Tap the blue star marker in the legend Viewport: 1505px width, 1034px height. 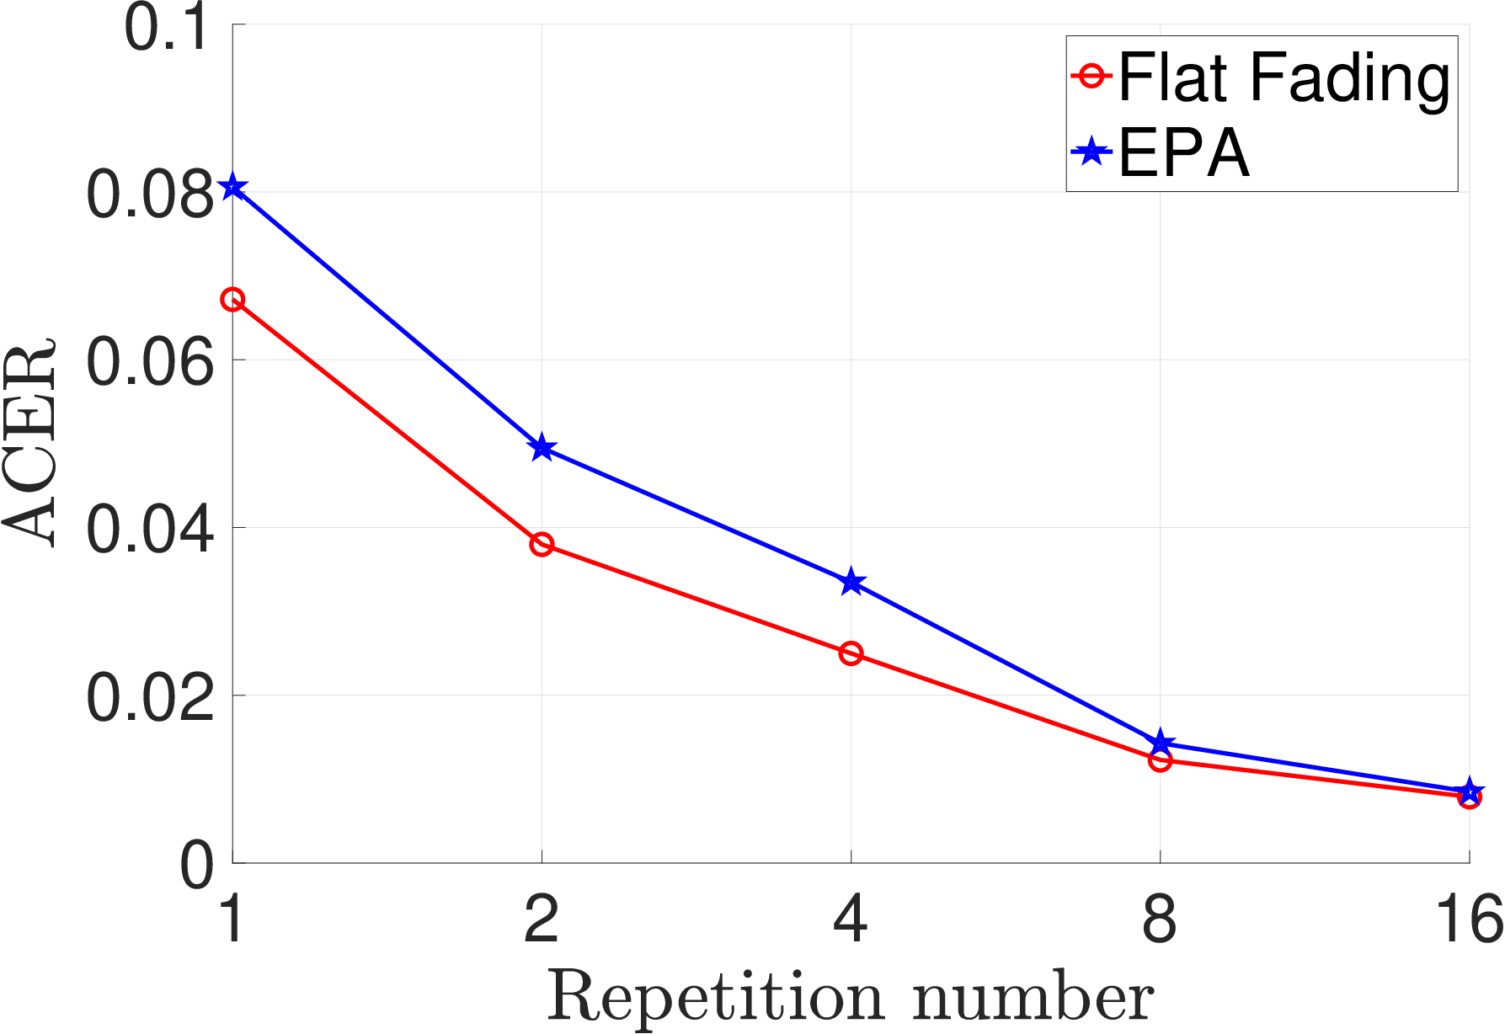tap(1092, 152)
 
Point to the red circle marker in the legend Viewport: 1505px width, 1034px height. tap(1092, 75)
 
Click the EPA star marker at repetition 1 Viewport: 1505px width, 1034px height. tap(233, 188)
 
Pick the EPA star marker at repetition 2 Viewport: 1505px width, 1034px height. tap(542, 448)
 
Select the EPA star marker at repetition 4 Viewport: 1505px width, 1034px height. tap(851, 582)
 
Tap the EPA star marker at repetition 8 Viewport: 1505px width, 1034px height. tap(1161, 743)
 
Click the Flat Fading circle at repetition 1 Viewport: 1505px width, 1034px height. tap(233, 300)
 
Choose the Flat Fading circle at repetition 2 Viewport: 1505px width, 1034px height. tap(542, 545)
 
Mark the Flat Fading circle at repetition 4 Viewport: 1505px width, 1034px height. tap(851, 653)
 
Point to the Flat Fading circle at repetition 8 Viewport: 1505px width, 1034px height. tap(1161, 760)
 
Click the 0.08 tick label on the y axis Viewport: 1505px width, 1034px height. tap(150, 194)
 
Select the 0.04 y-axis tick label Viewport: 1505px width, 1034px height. tap(150, 529)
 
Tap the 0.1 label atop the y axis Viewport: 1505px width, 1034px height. tap(166, 28)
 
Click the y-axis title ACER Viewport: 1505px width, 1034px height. tap(29, 443)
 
